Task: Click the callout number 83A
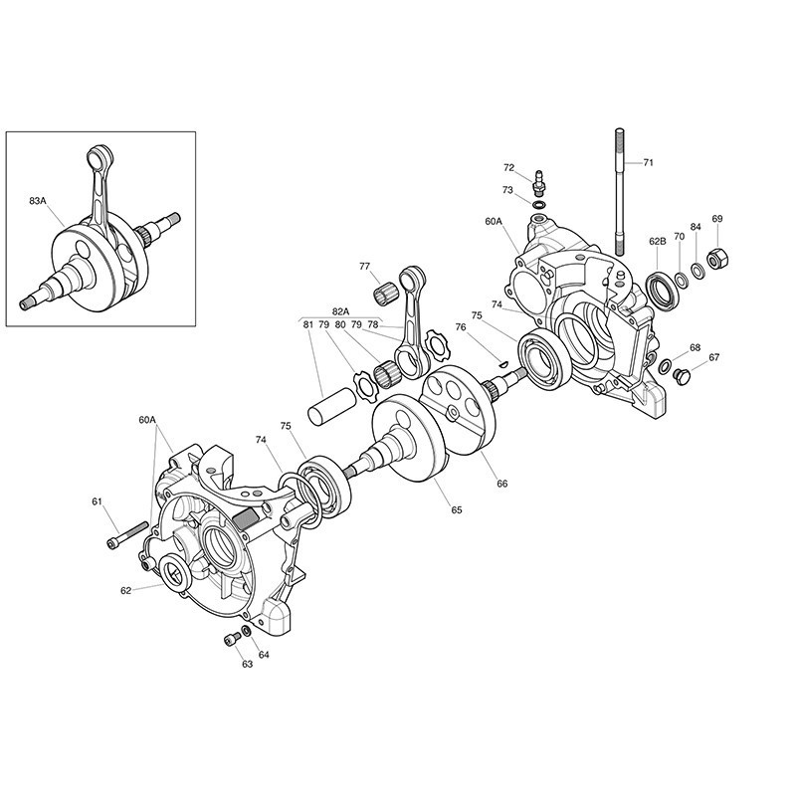point(38,201)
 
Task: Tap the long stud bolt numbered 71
point(619,192)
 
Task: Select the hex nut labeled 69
point(717,260)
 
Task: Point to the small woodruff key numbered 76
point(502,363)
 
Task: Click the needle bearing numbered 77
point(386,296)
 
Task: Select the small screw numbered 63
point(233,639)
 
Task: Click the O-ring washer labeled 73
point(539,205)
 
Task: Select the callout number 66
point(502,484)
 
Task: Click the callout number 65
point(457,509)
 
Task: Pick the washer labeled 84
point(697,271)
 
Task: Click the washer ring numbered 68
point(664,365)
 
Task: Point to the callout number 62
point(126,590)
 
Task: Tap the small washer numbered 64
point(246,631)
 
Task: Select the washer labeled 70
point(681,280)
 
